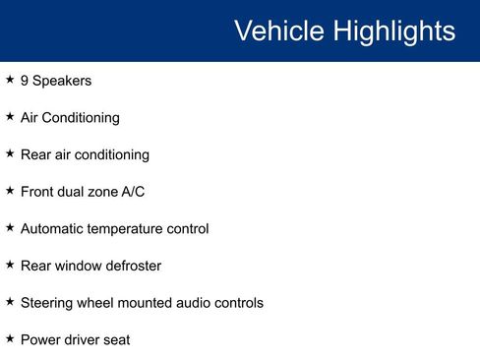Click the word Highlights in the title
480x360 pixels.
(x=394, y=30)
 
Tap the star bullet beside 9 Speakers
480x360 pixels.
(x=10, y=80)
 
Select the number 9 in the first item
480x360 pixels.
(x=25, y=81)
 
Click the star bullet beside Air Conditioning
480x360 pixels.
(x=10, y=117)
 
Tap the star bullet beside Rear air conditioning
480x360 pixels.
(x=10, y=153)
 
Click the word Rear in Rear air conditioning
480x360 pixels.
(x=36, y=154)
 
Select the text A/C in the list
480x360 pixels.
(x=133, y=192)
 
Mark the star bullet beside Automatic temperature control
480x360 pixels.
(x=10, y=228)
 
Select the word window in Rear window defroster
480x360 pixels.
(x=76, y=266)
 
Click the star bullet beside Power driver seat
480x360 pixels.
(x=10, y=339)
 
